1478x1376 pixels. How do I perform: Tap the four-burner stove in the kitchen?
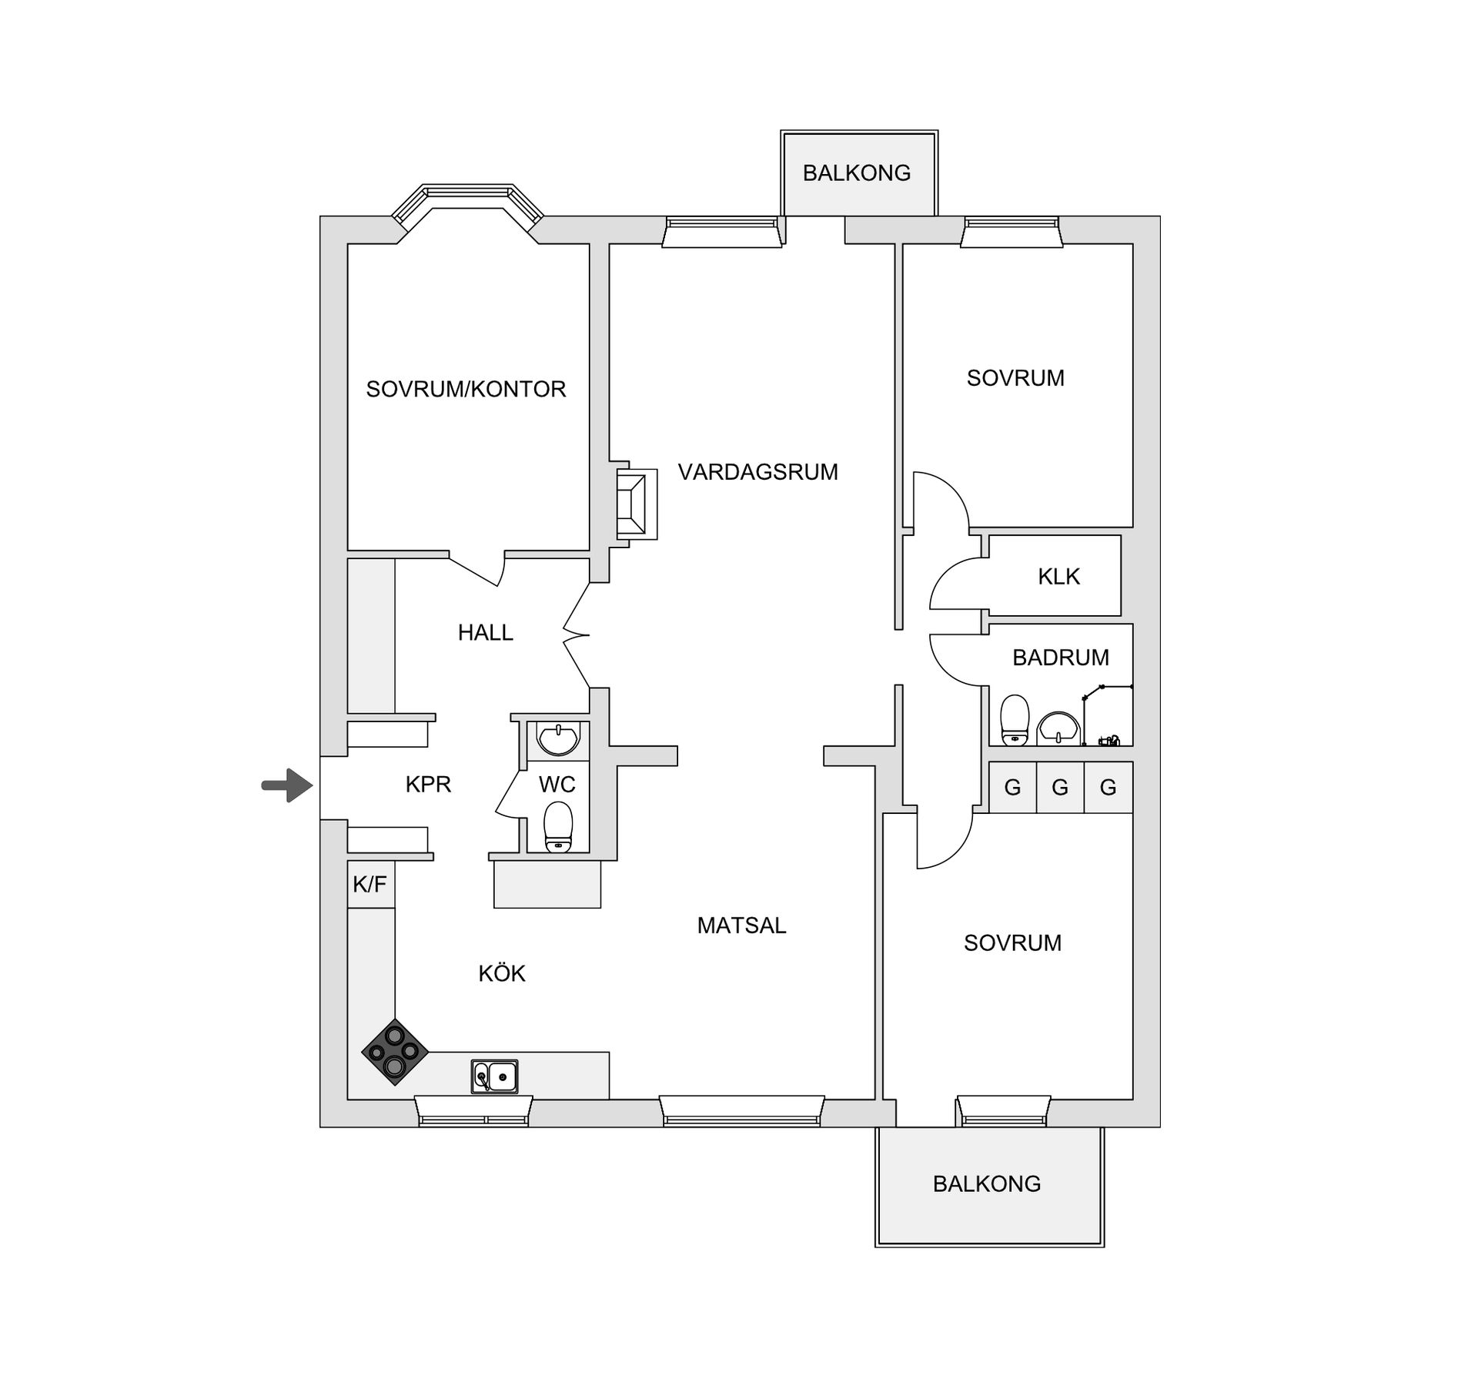click(x=395, y=1052)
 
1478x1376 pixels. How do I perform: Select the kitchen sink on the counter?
click(x=494, y=1076)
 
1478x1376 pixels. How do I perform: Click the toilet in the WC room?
click(x=558, y=828)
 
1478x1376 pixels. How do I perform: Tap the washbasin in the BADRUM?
click(x=1059, y=728)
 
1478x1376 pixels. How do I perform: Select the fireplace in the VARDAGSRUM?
click(x=636, y=504)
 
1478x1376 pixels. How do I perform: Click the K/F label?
click(x=369, y=884)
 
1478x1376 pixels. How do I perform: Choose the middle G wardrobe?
click(x=1060, y=787)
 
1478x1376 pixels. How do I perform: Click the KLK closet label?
click(x=1058, y=576)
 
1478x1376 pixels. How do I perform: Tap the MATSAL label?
click(x=741, y=925)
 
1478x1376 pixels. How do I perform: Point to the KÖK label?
click(x=502, y=973)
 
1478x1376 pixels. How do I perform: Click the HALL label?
click(x=485, y=632)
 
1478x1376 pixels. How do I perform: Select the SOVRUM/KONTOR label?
click(x=466, y=389)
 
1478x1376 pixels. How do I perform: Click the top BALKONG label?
click(x=856, y=172)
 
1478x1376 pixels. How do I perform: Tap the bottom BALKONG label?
click(x=986, y=1183)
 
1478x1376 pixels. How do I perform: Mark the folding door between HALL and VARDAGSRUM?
click(x=576, y=635)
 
